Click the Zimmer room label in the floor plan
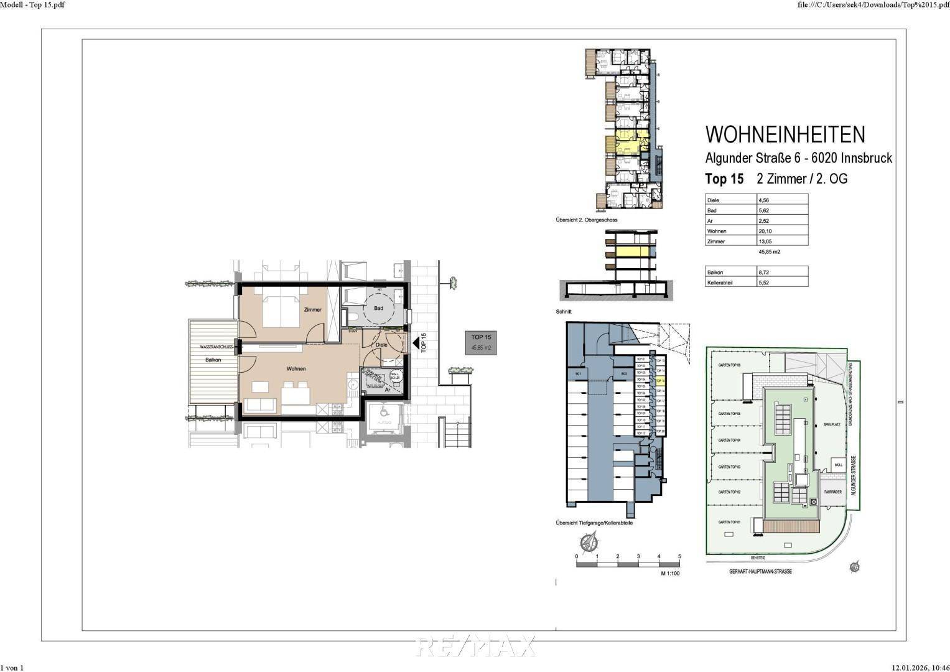coord(312,310)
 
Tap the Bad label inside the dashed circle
coord(378,309)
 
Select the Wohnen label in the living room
coord(296,369)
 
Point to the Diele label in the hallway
coord(381,345)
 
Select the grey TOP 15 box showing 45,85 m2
coord(482,343)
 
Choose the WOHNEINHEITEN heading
coord(785,134)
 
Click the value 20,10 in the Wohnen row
coord(765,231)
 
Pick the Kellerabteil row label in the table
coord(720,282)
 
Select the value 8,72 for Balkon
coord(764,273)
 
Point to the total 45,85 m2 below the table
coord(769,252)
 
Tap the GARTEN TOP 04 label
coord(729,440)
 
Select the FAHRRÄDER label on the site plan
coord(832,492)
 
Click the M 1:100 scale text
coord(670,573)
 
